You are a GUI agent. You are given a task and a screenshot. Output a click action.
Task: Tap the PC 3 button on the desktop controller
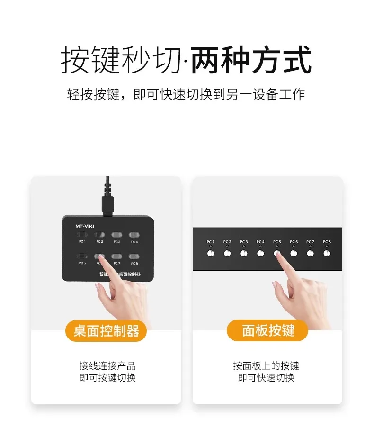[116, 235]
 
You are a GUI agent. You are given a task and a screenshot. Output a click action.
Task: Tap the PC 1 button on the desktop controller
[82, 235]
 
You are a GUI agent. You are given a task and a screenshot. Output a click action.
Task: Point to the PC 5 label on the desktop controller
[82, 263]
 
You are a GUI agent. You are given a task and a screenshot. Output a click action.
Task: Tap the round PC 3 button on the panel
[244, 253]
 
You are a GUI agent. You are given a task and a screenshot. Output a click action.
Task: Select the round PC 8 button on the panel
[327, 253]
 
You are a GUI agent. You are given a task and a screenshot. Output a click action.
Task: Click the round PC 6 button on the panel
[294, 253]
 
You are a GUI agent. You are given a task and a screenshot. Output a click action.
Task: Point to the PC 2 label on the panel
[227, 242]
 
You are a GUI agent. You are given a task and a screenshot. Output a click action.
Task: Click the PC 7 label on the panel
[310, 242]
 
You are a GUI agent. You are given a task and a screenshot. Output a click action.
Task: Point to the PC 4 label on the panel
[260, 242]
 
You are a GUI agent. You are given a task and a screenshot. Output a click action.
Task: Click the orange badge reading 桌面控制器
[106, 330]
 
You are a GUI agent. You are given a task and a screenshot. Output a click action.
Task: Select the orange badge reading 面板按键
[267, 330]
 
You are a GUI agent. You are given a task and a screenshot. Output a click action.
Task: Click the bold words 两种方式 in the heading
[251, 60]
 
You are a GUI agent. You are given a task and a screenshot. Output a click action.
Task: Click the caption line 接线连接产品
[107, 366]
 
